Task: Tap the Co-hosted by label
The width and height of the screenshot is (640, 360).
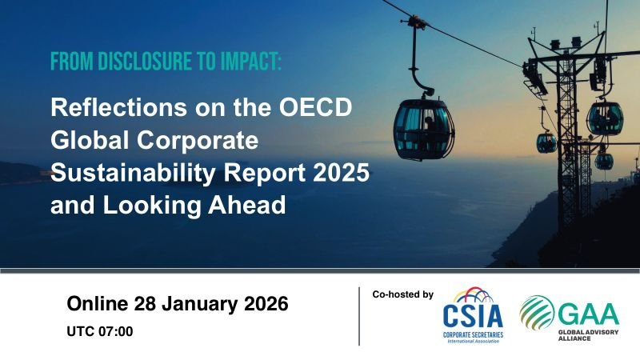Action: [402, 295]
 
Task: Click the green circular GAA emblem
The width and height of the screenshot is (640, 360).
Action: [537, 312]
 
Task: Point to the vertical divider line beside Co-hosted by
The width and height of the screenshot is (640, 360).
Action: [359, 316]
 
